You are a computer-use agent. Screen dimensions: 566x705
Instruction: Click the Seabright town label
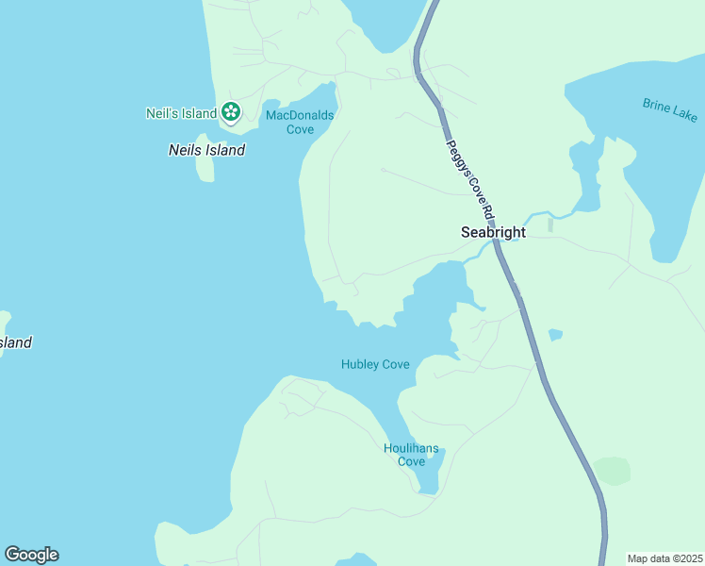click(492, 231)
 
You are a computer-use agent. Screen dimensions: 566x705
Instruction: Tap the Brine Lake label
click(669, 109)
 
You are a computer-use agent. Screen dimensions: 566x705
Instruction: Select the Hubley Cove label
click(375, 364)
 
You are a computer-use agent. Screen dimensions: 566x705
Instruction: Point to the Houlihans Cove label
click(411, 455)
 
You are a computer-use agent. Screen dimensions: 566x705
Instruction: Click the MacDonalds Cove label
click(300, 122)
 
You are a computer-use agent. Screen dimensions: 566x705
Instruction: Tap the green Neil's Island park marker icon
click(231, 113)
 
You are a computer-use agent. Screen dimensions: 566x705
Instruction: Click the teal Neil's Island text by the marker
click(181, 113)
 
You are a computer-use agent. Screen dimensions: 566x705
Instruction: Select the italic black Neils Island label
click(206, 150)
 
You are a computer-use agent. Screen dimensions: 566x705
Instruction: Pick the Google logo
click(31, 555)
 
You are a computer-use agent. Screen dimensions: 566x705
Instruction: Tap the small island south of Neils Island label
click(205, 169)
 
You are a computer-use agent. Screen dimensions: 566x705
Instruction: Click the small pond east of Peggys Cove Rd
click(555, 335)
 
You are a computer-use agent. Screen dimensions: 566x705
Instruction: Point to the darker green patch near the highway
click(612, 470)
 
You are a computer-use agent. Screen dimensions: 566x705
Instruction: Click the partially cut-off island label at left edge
click(15, 342)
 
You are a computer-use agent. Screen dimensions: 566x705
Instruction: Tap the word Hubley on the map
click(361, 364)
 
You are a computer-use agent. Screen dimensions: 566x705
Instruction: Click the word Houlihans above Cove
click(411, 448)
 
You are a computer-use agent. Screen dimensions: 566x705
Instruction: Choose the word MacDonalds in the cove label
click(300, 115)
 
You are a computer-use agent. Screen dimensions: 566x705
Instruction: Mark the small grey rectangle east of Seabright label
click(550, 225)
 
